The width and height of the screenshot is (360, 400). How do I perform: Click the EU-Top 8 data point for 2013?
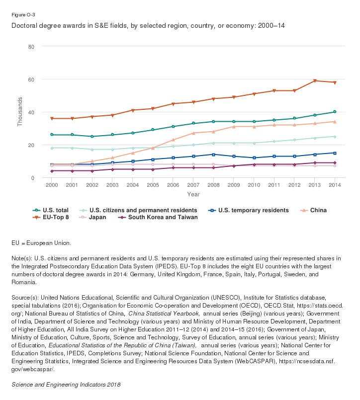[x=315, y=81]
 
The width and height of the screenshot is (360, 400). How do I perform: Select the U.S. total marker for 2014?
[x=335, y=112]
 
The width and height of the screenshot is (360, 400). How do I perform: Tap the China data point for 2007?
[x=193, y=133]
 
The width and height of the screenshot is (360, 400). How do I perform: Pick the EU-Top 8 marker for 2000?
[x=51, y=119]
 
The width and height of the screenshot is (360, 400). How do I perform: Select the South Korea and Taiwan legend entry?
[x=156, y=217]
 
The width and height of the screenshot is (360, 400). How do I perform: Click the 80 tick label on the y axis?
[x=31, y=47]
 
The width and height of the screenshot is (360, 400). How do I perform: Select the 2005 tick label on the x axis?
[x=153, y=185]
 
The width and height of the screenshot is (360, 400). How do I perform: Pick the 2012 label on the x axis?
[x=294, y=185]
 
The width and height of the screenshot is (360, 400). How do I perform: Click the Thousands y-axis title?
[x=20, y=112]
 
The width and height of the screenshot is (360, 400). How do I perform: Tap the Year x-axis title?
[x=193, y=194]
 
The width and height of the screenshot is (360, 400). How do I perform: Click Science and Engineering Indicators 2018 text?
[x=66, y=384]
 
